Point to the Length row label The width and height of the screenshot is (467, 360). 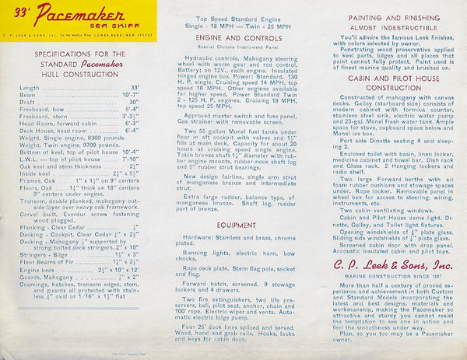[30, 88]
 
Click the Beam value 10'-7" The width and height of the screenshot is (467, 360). [128, 94]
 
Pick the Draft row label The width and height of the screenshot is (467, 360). [27, 101]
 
